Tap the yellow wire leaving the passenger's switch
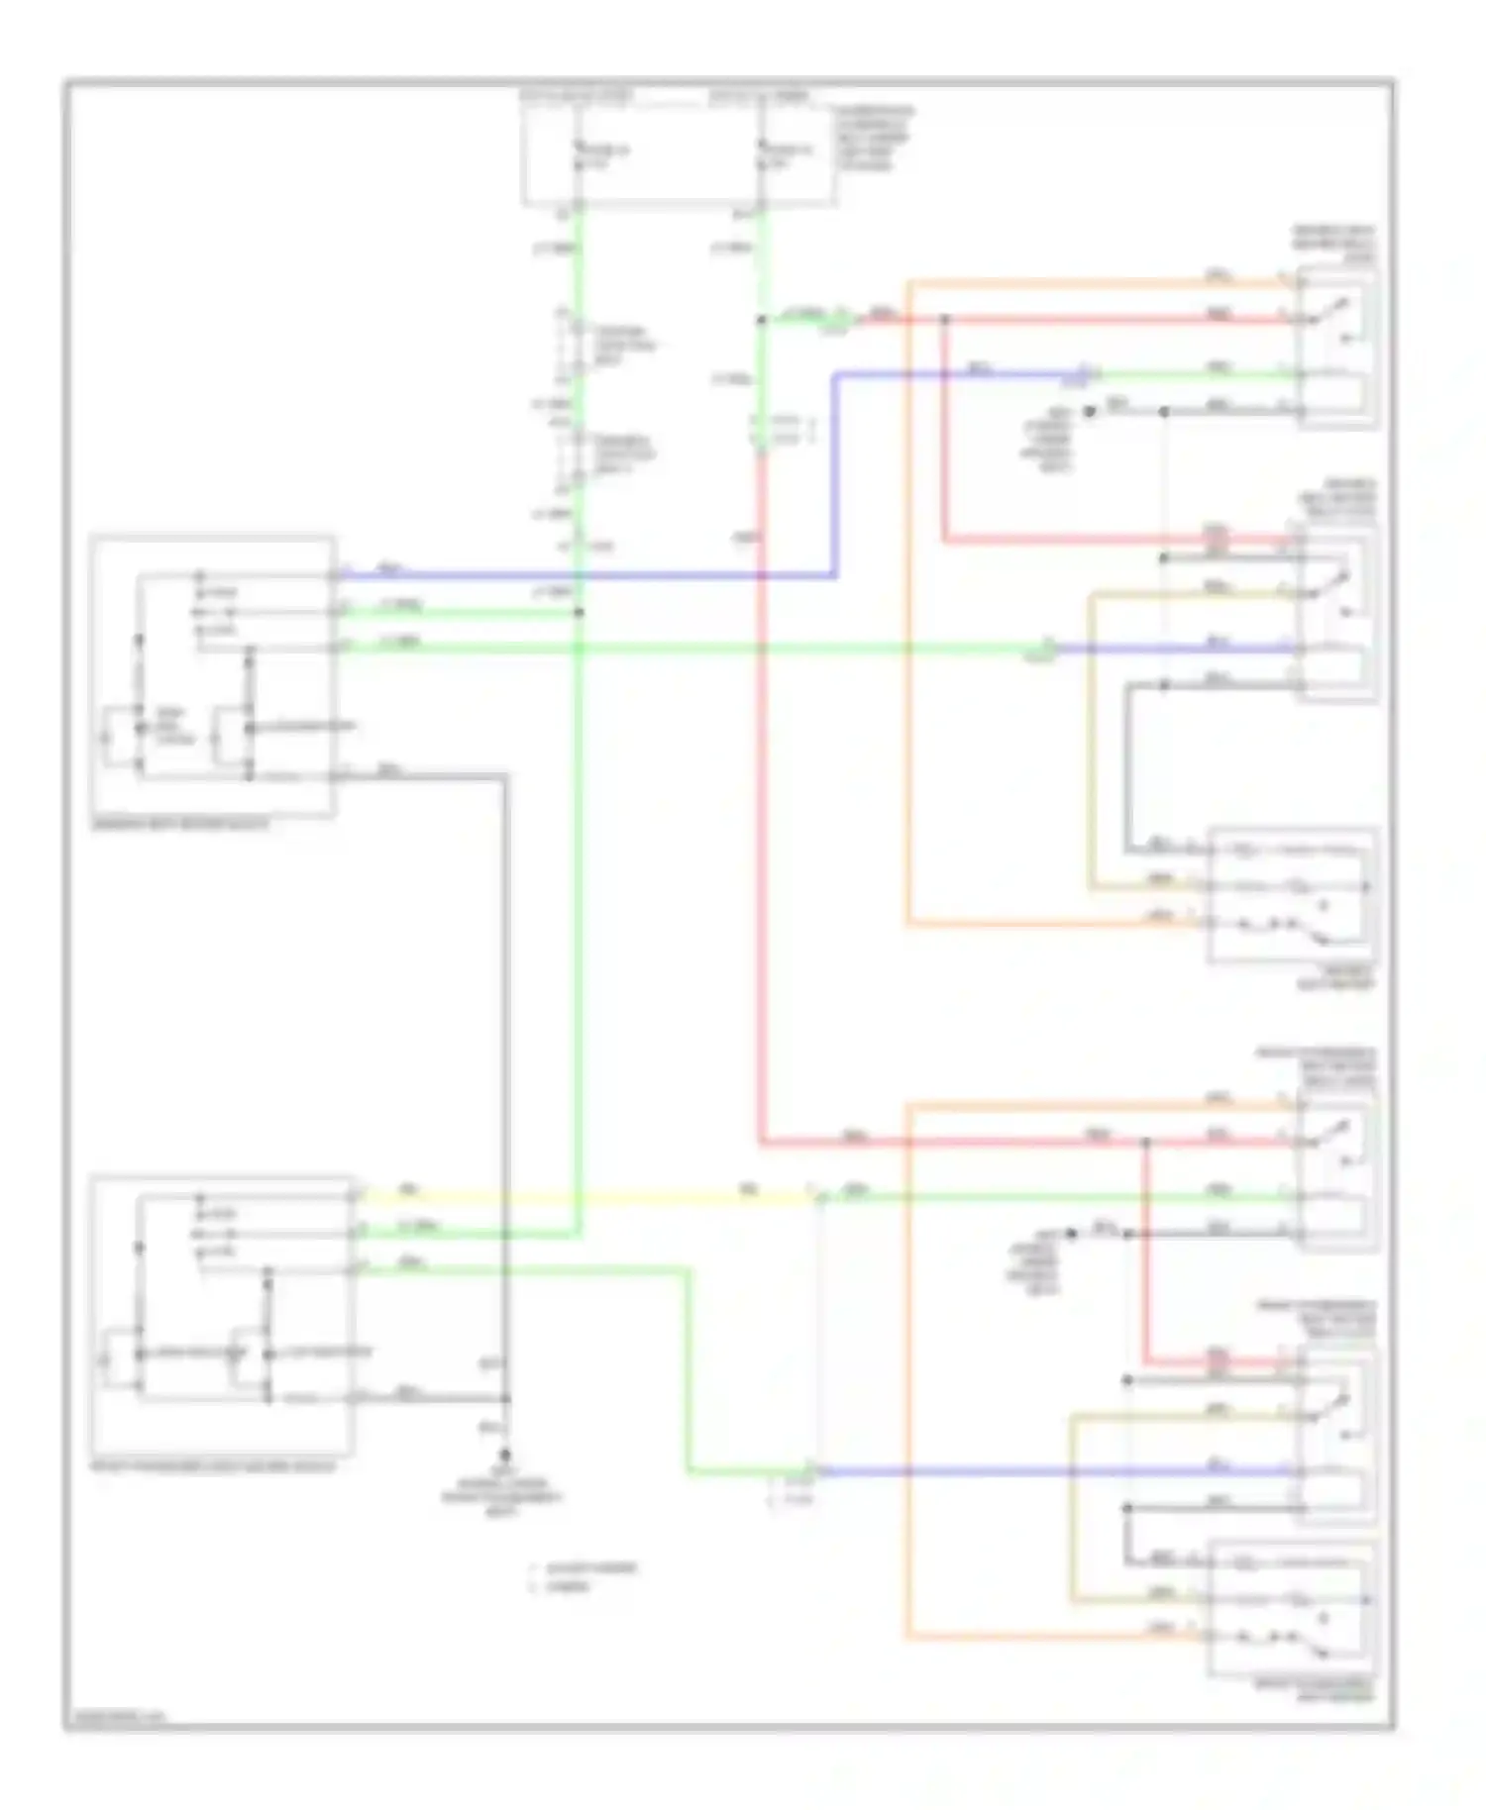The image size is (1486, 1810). click(x=584, y=1197)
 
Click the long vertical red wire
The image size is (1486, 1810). click(x=762, y=842)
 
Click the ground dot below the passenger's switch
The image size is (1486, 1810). click(x=505, y=1455)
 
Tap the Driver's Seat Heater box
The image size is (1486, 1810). click(x=1291, y=894)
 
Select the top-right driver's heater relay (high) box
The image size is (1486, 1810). click(x=1336, y=347)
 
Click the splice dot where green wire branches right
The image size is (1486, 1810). click(x=761, y=320)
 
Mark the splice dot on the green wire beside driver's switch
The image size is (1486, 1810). click(x=579, y=612)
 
